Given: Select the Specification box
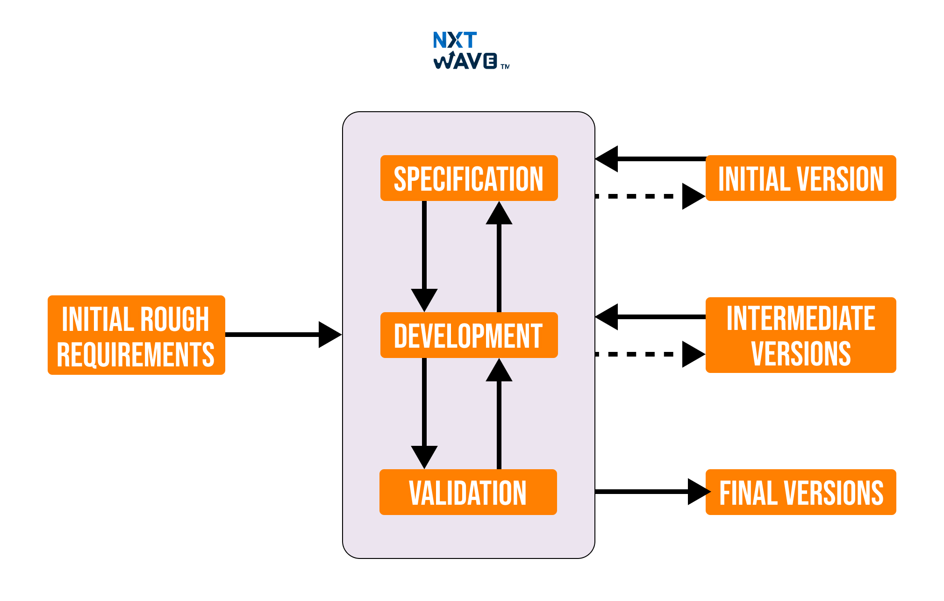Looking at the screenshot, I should pos(469,178).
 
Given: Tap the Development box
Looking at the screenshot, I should pos(469,335).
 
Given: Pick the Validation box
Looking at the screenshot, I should pos(468,492).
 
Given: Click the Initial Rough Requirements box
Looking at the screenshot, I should pos(136,335).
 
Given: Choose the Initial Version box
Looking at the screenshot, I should pos(801,178).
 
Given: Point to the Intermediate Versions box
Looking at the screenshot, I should pos(801,335).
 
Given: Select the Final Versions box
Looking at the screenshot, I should pos(801,492).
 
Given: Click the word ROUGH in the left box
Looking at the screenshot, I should pos(174,319).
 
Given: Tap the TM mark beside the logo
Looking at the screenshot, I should pos(505,67).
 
